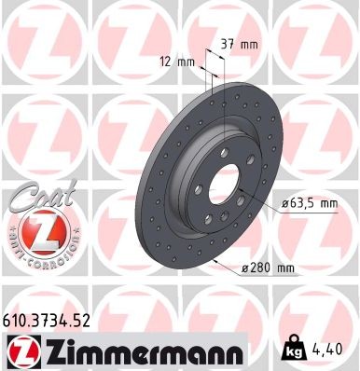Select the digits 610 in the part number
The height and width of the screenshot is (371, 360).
[15, 319]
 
